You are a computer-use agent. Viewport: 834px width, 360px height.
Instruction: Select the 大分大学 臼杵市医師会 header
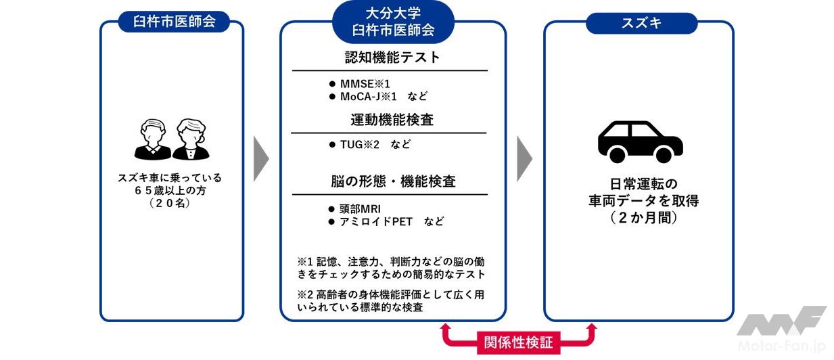(x=393, y=22)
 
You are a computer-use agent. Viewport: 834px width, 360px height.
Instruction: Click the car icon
(x=640, y=141)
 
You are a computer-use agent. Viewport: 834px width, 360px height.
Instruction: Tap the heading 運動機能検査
(x=392, y=120)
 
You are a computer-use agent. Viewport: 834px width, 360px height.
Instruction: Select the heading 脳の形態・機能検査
(x=392, y=182)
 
